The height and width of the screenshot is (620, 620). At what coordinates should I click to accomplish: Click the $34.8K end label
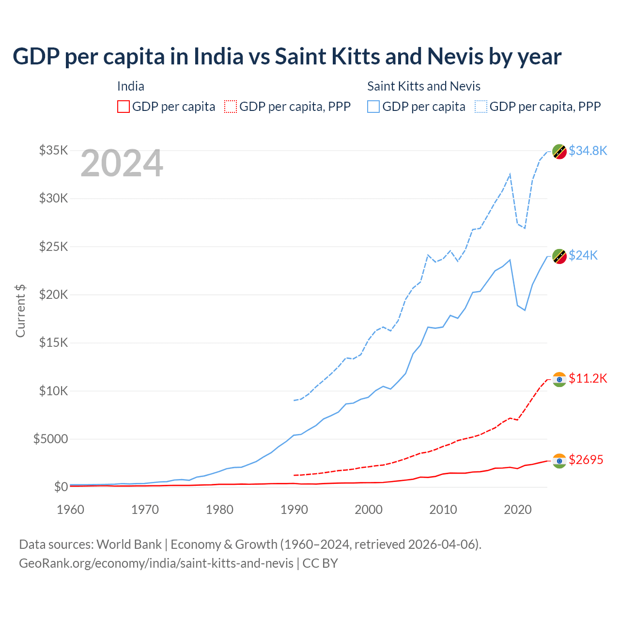click(x=588, y=151)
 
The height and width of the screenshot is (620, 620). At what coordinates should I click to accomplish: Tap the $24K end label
click(x=583, y=255)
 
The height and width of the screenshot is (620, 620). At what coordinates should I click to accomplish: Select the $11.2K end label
click(x=588, y=378)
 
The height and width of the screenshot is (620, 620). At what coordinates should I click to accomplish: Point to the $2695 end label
click(x=586, y=460)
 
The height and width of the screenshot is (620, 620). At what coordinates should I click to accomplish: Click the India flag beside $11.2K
click(x=559, y=379)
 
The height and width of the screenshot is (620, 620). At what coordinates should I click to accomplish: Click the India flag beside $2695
click(x=559, y=461)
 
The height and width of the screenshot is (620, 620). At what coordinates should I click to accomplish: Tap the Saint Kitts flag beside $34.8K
click(x=559, y=152)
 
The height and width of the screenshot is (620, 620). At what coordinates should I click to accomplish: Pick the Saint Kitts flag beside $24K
click(x=559, y=257)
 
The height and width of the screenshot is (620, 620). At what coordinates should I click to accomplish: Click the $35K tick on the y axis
click(x=53, y=150)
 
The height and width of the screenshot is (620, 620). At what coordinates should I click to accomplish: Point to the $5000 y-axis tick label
click(x=50, y=439)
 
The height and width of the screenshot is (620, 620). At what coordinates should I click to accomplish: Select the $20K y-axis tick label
click(x=53, y=294)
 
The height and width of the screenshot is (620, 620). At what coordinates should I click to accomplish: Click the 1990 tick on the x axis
click(x=294, y=510)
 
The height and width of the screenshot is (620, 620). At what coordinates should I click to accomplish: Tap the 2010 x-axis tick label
click(x=443, y=510)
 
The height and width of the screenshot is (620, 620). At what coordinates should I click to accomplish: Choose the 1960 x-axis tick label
click(x=71, y=510)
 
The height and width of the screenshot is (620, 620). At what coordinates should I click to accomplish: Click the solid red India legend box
click(x=124, y=107)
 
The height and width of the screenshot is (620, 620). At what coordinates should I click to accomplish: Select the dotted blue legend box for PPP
click(x=481, y=107)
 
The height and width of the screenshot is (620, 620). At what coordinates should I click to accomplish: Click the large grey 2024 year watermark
click(x=122, y=163)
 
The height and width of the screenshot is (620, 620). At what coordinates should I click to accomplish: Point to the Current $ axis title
click(x=20, y=310)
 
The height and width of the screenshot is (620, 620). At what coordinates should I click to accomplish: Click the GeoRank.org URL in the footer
click(x=156, y=563)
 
